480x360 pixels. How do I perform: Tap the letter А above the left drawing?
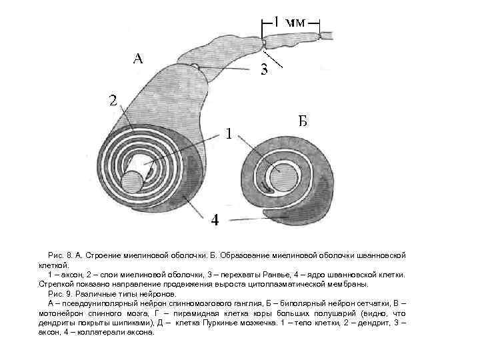[x=137, y=58]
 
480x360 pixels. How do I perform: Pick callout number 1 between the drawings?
[x=227, y=134]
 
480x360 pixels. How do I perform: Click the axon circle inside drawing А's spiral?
[x=133, y=181]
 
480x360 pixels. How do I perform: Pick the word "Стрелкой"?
[x=43, y=284]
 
